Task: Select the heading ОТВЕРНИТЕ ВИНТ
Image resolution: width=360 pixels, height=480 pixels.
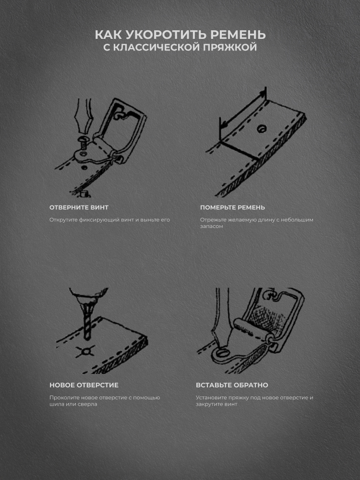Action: click(x=79, y=207)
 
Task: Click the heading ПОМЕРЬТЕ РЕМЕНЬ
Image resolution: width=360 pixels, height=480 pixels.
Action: click(x=232, y=207)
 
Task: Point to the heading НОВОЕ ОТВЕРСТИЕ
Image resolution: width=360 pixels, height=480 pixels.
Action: click(x=84, y=385)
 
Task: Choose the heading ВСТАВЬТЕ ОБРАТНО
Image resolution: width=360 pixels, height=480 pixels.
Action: click(x=232, y=385)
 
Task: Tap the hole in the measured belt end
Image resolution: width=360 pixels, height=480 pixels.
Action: click(x=262, y=128)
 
